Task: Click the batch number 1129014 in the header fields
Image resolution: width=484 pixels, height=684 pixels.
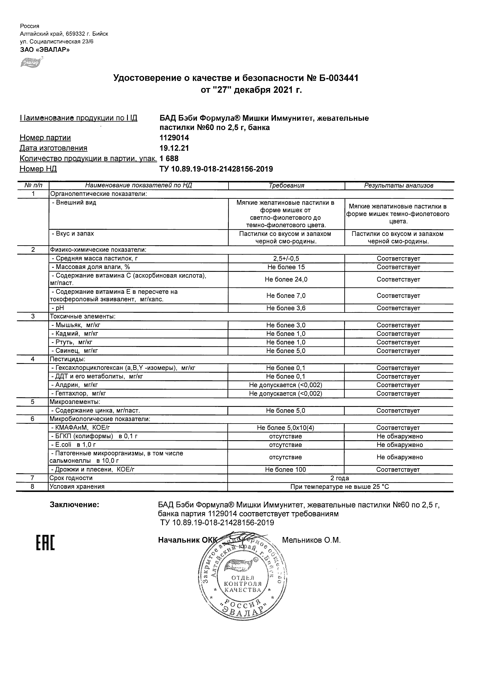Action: (174, 138)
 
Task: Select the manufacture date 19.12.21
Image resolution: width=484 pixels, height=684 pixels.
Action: (174, 148)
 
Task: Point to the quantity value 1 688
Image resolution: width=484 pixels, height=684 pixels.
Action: (169, 158)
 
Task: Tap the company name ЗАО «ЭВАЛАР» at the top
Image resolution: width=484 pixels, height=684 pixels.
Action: (45, 49)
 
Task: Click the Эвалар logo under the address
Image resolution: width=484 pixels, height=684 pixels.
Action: (30, 63)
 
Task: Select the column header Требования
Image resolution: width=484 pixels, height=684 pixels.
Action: (286, 186)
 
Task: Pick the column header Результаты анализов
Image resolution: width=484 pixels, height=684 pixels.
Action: (399, 186)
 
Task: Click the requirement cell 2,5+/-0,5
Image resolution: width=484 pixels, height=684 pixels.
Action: (286, 259)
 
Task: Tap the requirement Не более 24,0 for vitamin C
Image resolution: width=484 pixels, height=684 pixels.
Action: (286, 279)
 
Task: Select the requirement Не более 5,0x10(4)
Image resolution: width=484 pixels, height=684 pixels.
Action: (285, 428)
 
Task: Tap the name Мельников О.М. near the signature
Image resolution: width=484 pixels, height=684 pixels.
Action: (311, 540)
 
